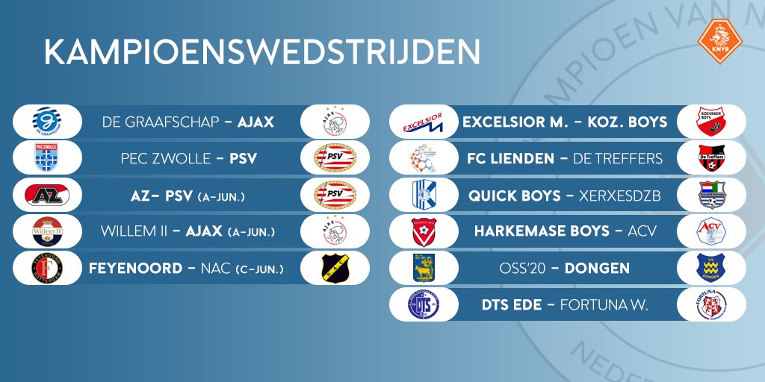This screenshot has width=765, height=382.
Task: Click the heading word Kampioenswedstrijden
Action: [x=261, y=53]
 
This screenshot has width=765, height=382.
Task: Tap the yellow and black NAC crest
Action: [x=335, y=268]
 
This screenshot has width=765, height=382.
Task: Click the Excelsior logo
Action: [x=423, y=122]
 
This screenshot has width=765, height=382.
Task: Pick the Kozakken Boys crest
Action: [x=711, y=122]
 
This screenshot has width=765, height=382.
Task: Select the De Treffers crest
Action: [x=711, y=158]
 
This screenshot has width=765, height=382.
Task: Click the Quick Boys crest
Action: [x=423, y=195]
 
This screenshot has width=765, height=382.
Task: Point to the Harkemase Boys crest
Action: [x=423, y=231]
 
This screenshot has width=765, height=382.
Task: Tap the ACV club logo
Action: [x=711, y=231]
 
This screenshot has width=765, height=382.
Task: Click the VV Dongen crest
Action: [x=711, y=268]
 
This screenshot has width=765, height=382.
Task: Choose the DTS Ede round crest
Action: [x=423, y=304]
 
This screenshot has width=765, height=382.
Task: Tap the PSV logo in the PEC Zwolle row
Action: [x=335, y=158]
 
